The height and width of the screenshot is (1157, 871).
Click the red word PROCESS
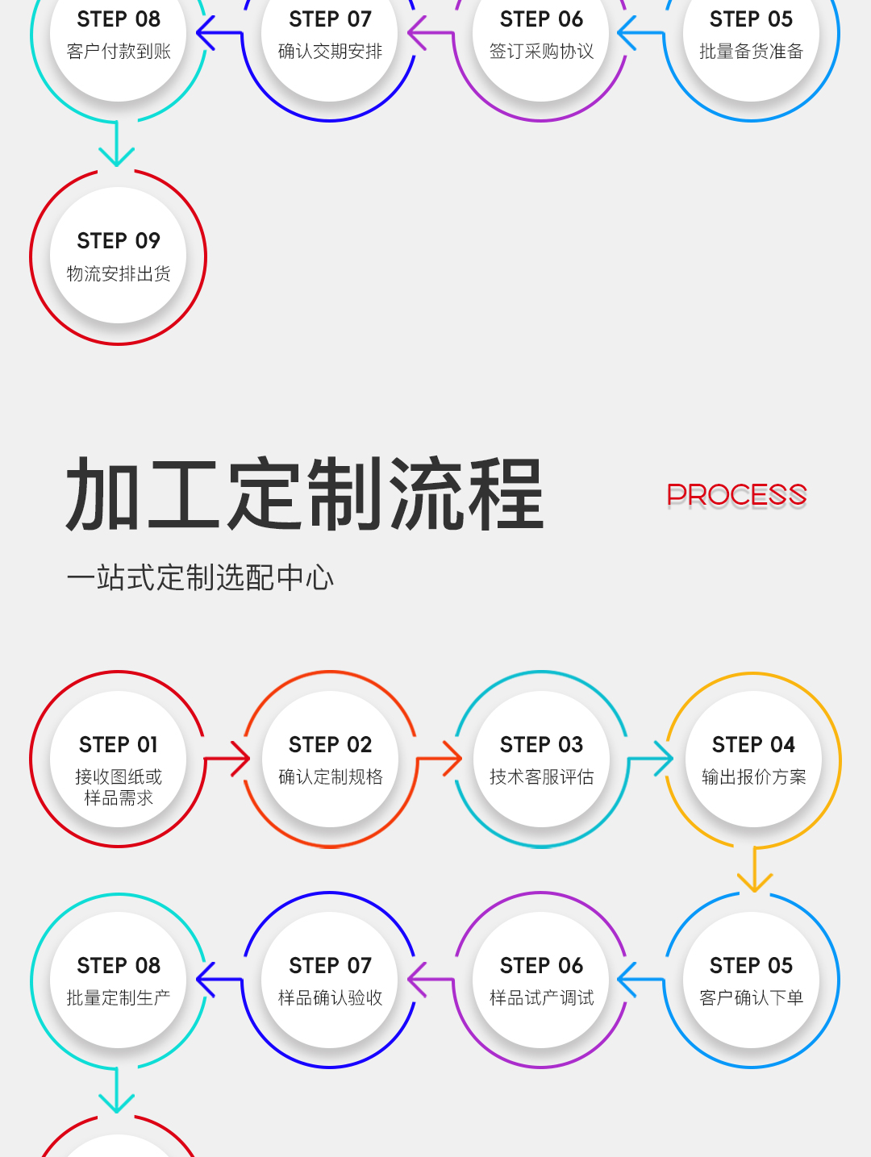(736, 495)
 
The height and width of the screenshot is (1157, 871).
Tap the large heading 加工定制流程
(304, 494)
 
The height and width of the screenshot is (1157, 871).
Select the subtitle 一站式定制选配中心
(200, 577)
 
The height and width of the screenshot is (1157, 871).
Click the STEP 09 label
(119, 241)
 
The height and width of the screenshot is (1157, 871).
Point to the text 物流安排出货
(119, 273)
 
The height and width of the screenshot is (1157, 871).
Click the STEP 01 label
(119, 745)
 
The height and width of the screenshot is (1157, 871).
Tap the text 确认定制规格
(331, 776)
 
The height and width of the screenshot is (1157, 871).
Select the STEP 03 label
(541, 745)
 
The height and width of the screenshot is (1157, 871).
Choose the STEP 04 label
(753, 745)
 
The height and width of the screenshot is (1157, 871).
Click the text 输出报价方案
(753, 776)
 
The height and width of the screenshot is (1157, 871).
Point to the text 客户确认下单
(752, 997)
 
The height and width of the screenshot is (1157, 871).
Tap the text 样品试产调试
(541, 997)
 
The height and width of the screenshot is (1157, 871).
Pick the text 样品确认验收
(330, 997)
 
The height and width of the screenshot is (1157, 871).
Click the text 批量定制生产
(119, 997)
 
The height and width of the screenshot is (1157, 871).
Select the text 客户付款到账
(119, 51)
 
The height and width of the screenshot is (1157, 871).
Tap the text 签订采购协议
(541, 51)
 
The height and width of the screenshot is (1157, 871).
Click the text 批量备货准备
(752, 51)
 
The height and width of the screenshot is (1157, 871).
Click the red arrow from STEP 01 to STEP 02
(227, 759)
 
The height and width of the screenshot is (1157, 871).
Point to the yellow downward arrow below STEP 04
(755, 869)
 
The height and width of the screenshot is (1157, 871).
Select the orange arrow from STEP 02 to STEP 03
(440, 759)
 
